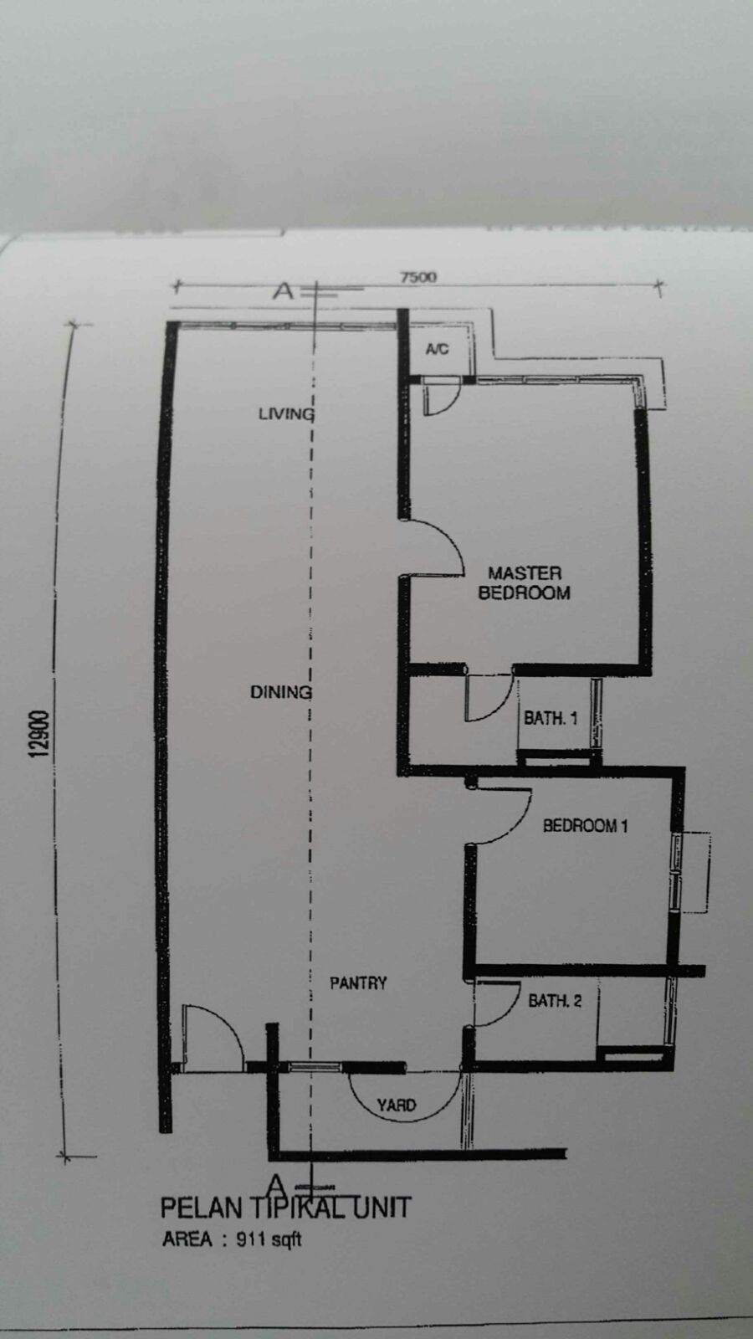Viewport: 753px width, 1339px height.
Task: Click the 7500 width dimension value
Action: click(418, 277)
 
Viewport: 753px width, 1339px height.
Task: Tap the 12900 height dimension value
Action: click(38, 734)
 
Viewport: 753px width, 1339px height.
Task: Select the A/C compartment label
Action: click(437, 349)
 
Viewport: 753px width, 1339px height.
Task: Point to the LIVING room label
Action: click(285, 413)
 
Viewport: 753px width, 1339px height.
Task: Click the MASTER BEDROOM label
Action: click(524, 582)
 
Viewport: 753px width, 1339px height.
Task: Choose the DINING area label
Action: click(280, 692)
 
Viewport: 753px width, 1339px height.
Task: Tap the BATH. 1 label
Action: click(551, 718)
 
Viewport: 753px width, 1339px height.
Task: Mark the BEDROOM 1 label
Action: click(585, 825)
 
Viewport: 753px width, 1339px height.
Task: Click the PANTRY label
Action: click(358, 982)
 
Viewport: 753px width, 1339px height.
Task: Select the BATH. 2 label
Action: click(555, 1001)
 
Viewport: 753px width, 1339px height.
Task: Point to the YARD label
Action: click(397, 1106)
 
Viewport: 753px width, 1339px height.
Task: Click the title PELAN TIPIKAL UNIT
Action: click(286, 1208)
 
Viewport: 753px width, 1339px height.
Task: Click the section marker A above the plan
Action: click(284, 291)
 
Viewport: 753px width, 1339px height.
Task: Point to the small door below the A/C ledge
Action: click(441, 396)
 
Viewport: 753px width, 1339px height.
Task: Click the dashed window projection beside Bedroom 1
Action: click(695, 872)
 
